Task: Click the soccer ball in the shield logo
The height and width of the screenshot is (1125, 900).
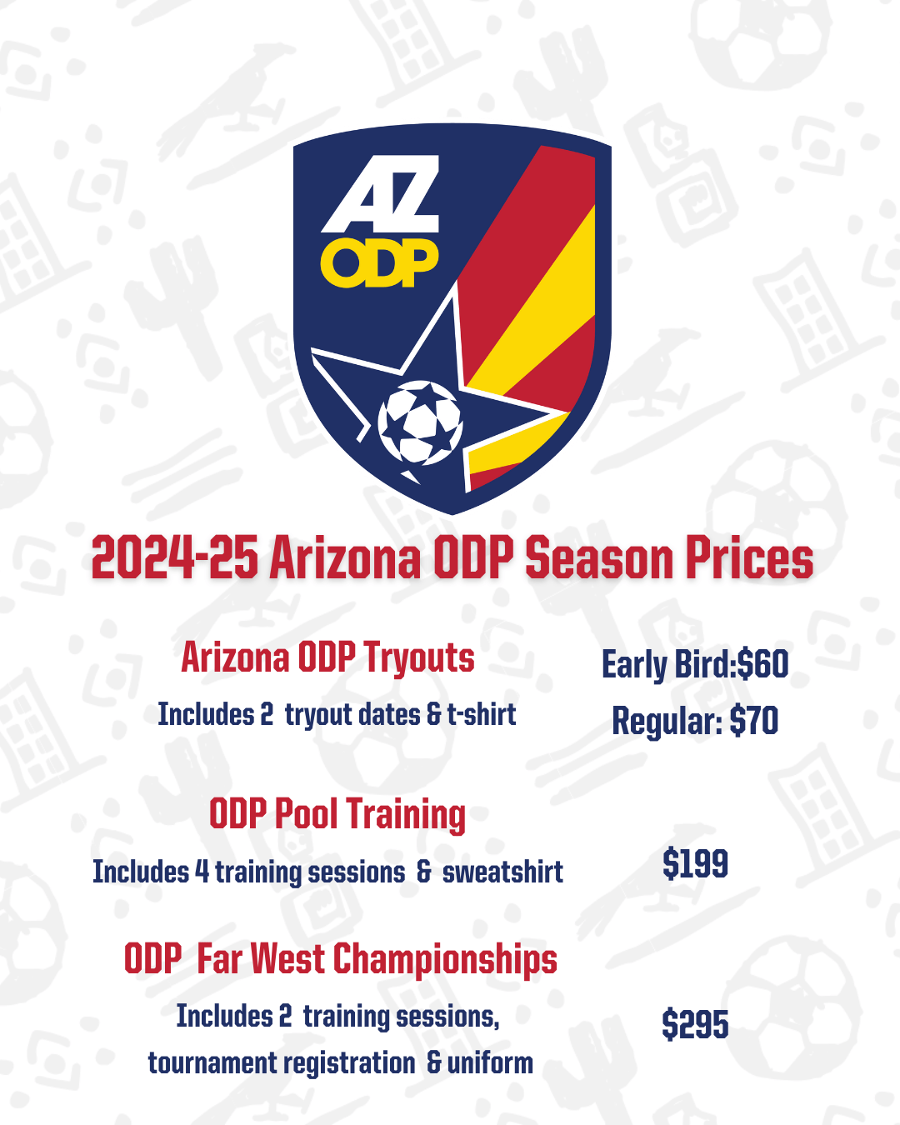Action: coord(420,422)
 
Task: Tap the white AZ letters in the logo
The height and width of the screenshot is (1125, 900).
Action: coord(382,196)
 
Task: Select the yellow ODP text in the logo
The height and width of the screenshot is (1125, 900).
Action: coord(380,263)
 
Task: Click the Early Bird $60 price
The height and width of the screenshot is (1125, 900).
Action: coord(695,665)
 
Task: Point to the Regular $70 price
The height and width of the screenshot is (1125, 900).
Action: coord(695,721)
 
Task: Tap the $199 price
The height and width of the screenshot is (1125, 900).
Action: coord(695,864)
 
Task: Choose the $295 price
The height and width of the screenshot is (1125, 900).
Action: coord(695,1024)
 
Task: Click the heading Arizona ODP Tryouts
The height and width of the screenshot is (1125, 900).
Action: coord(327,658)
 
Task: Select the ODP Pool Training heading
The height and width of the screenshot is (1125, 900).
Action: coord(337,814)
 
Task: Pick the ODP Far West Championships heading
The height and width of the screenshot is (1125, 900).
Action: coord(340,959)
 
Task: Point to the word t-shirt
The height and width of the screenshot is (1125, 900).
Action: coord(482,715)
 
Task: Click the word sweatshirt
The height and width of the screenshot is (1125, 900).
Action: coord(502,872)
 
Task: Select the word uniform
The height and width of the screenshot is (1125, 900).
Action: coord(490,1063)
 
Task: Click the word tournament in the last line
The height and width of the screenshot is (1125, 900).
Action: coord(213,1063)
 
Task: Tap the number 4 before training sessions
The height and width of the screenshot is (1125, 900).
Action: coord(202,872)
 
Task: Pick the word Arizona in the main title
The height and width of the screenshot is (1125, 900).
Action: coord(346,558)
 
